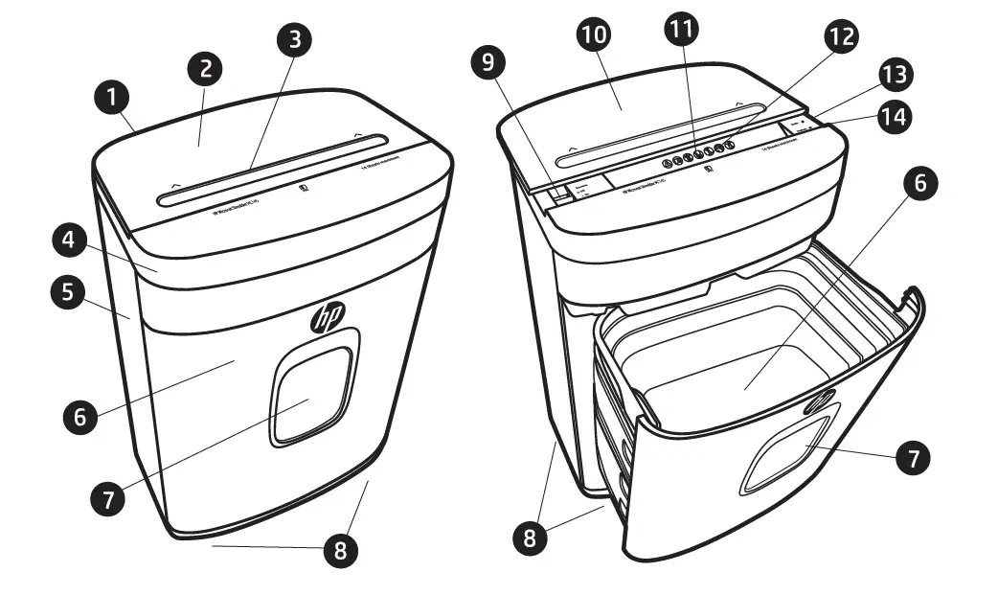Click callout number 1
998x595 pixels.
[112, 97]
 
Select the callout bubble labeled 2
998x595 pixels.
[204, 68]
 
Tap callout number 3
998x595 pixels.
[294, 39]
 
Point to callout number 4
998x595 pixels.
[68, 242]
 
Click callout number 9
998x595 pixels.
[489, 63]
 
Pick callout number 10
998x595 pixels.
[594, 35]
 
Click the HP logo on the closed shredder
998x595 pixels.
[326, 316]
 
